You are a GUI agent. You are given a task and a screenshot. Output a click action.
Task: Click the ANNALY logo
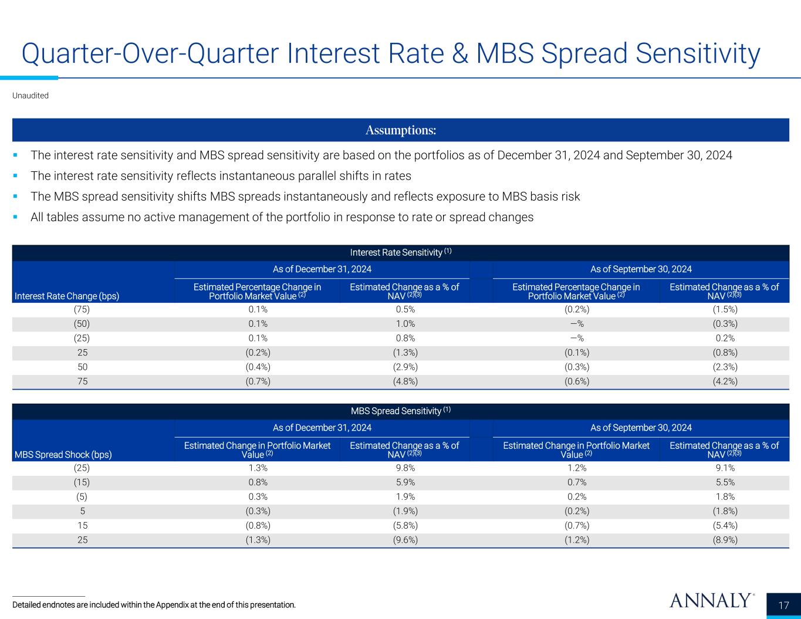(x=711, y=601)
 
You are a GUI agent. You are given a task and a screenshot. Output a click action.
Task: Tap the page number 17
(x=783, y=606)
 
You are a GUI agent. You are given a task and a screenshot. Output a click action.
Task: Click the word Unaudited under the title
(x=31, y=96)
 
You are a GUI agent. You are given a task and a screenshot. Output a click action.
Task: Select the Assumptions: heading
(x=401, y=130)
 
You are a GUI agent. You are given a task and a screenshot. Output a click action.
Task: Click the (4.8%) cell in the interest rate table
(x=404, y=381)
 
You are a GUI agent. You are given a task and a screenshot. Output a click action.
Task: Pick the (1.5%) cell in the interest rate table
(x=724, y=310)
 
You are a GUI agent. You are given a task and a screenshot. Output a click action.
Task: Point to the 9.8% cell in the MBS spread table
(x=404, y=468)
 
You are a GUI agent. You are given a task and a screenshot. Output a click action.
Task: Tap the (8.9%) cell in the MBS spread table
(x=724, y=540)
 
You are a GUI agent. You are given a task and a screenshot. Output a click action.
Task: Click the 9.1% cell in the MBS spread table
(x=724, y=468)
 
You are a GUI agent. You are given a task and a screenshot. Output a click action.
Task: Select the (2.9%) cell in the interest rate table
(x=404, y=367)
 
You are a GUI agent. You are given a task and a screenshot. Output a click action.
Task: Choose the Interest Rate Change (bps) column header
(x=66, y=296)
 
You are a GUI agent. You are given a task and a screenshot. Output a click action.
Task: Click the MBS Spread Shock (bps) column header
(x=62, y=454)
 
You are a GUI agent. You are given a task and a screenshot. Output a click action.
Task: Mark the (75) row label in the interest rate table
(x=82, y=310)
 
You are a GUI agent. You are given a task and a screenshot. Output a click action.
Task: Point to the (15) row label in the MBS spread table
(x=82, y=483)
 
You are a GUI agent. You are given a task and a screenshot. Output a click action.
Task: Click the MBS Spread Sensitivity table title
(x=401, y=411)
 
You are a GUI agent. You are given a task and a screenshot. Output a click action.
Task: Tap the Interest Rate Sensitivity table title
(x=401, y=252)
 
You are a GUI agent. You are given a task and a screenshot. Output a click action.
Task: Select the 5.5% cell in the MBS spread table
(x=724, y=483)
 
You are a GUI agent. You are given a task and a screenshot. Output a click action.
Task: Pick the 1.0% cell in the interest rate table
(x=404, y=324)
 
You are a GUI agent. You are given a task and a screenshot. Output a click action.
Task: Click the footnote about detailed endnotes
(x=154, y=605)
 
